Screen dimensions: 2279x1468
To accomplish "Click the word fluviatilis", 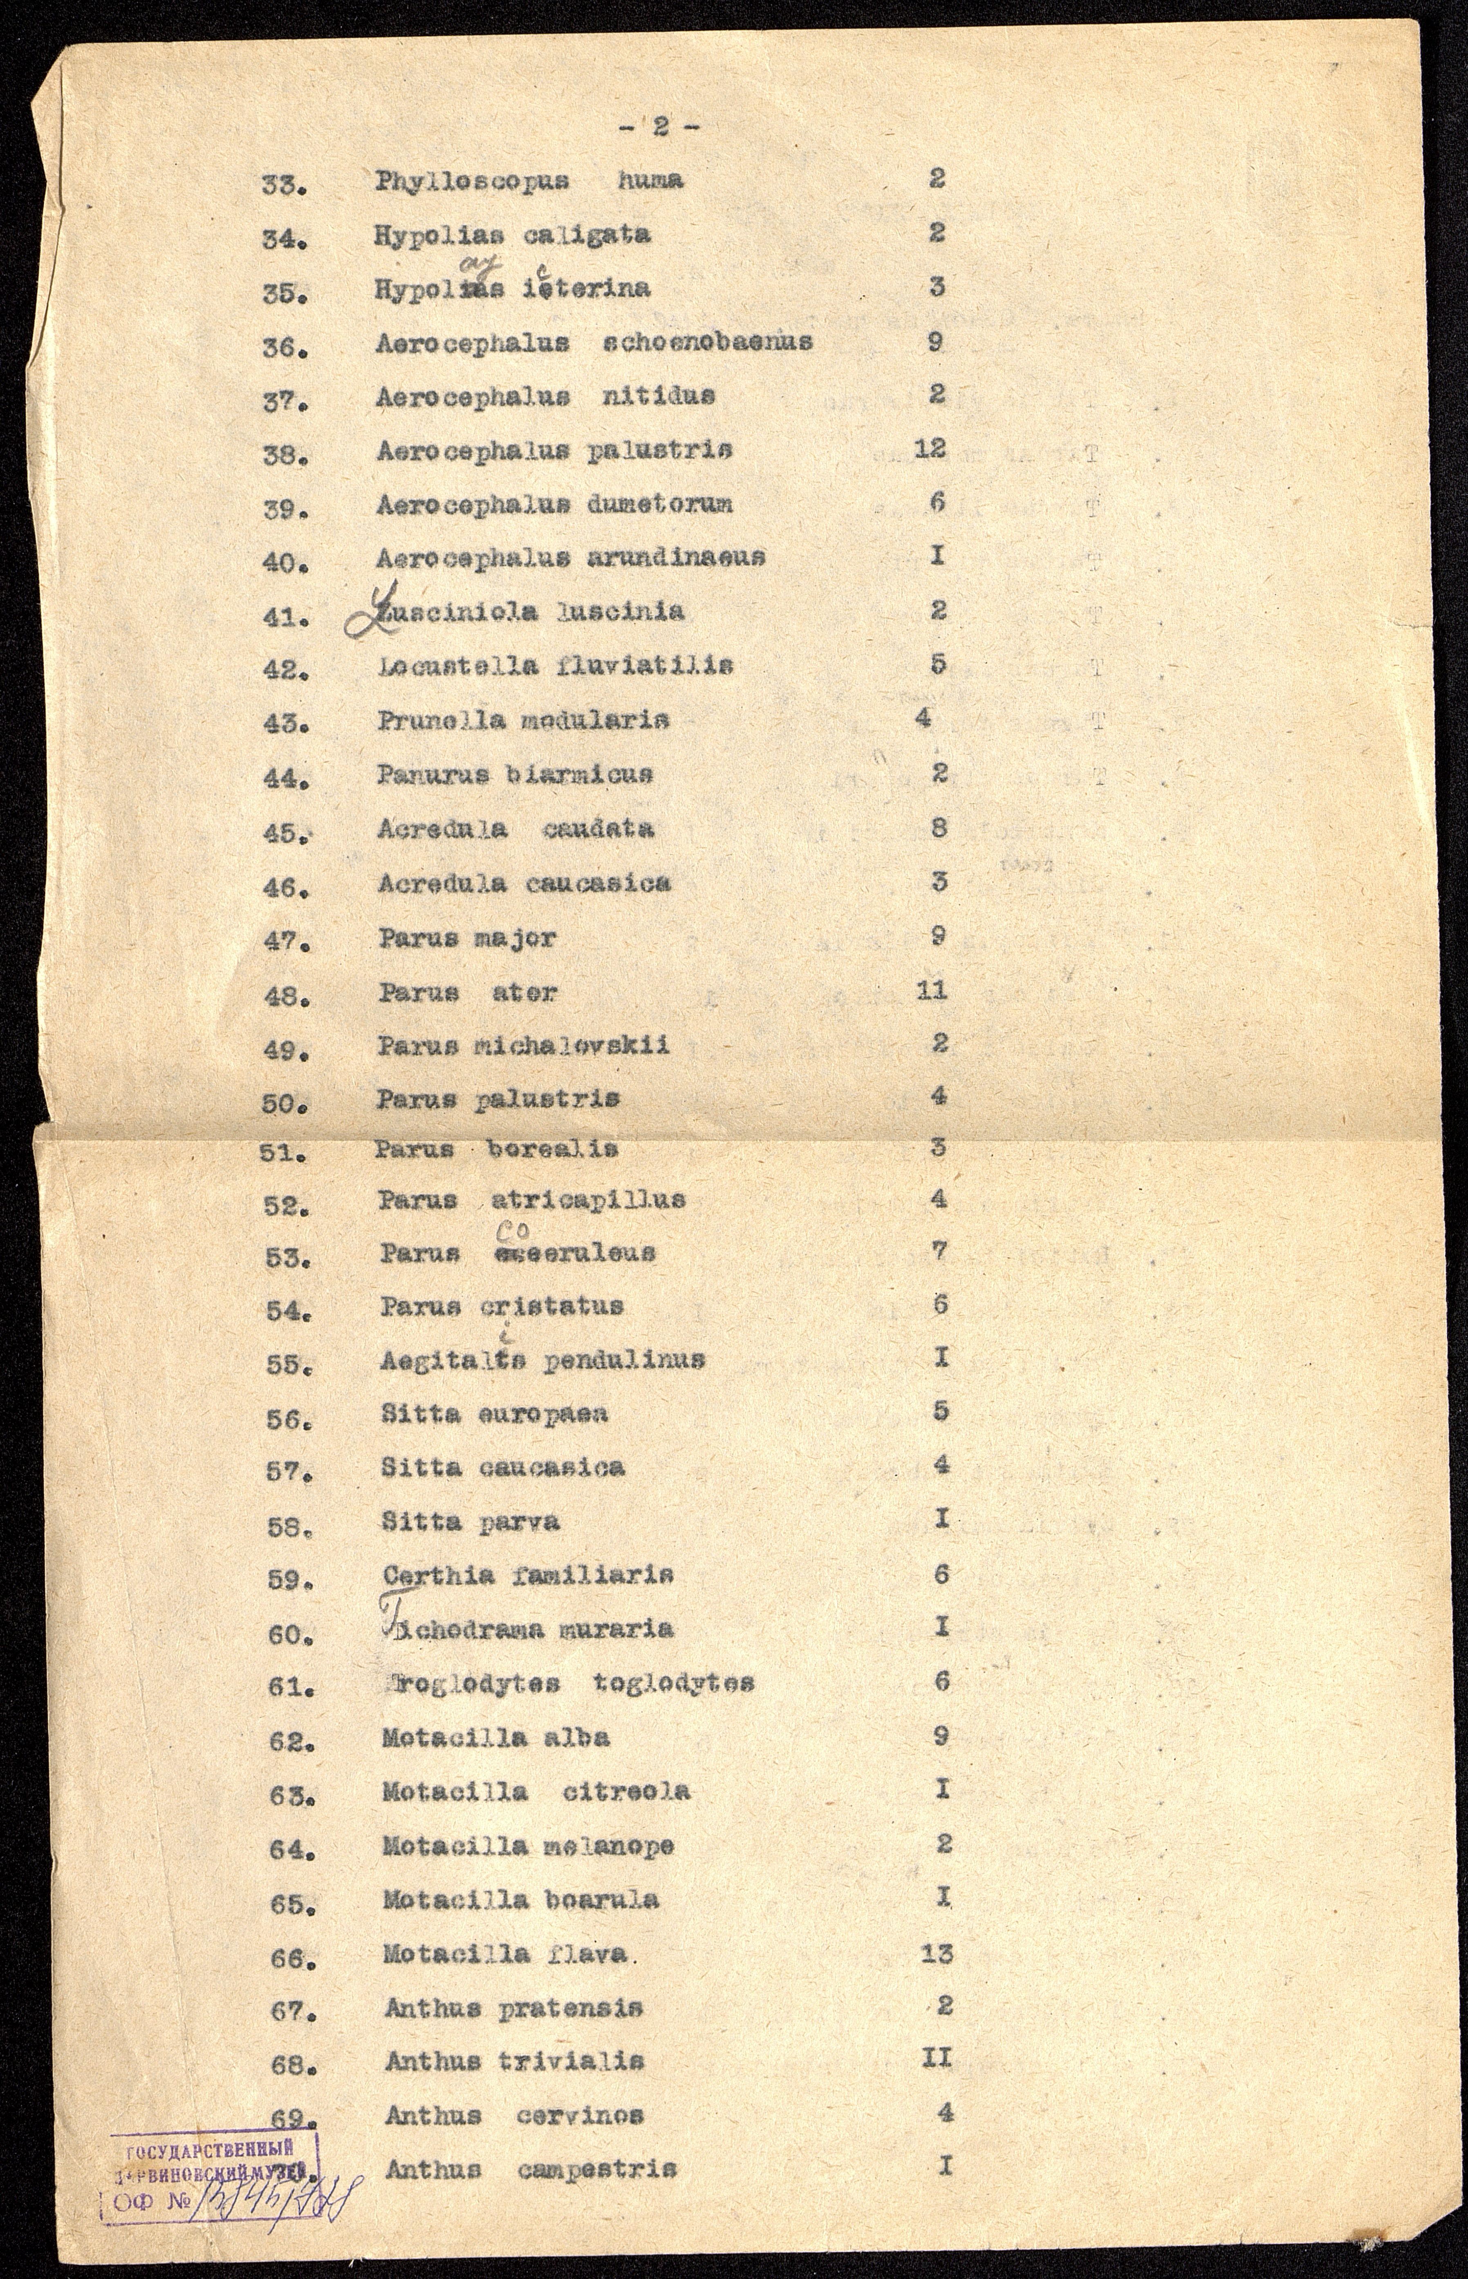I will [x=644, y=666].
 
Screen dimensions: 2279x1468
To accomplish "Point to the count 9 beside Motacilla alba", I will [x=940, y=1736].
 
